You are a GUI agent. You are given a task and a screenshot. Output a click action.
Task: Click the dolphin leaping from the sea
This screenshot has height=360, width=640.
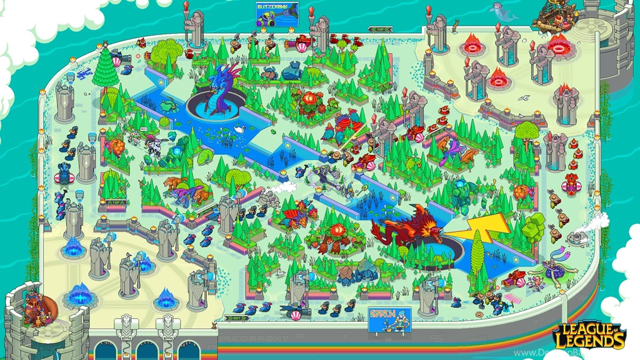(500, 9)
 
